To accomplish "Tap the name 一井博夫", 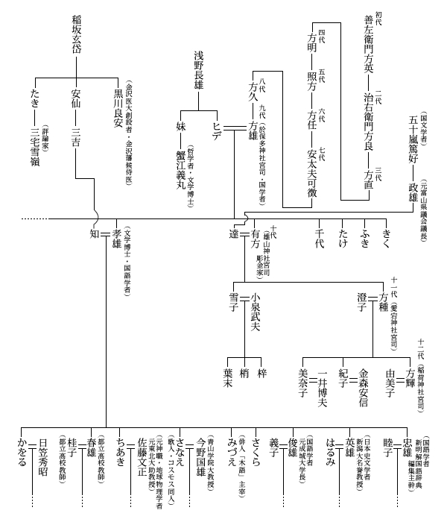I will pyautogui.click(x=323, y=389).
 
